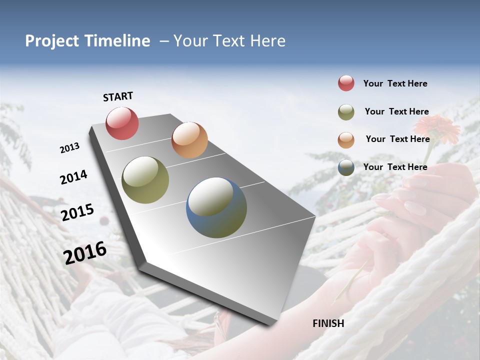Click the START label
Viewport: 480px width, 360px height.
[118, 96]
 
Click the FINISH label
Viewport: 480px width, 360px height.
[328, 323]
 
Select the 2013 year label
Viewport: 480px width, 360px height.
[69, 148]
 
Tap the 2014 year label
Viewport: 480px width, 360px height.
[73, 177]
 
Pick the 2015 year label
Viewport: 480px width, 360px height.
[77, 212]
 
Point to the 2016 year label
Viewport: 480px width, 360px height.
[85, 253]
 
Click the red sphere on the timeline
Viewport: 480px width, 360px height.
[122, 123]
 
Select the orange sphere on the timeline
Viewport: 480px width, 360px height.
[189, 140]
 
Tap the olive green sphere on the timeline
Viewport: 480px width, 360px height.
[145, 180]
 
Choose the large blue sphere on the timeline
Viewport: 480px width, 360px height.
[216, 207]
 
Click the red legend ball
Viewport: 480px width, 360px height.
[346, 83]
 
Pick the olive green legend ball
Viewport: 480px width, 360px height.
[346, 112]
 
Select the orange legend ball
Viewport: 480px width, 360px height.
[346, 140]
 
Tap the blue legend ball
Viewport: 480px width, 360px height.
[346, 167]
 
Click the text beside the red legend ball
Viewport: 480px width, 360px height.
[395, 83]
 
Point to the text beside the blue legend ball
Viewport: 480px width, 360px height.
[395, 167]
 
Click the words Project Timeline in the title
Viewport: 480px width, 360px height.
[87, 41]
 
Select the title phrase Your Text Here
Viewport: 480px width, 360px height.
[229, 41]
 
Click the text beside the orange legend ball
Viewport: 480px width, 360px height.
[397, 139]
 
